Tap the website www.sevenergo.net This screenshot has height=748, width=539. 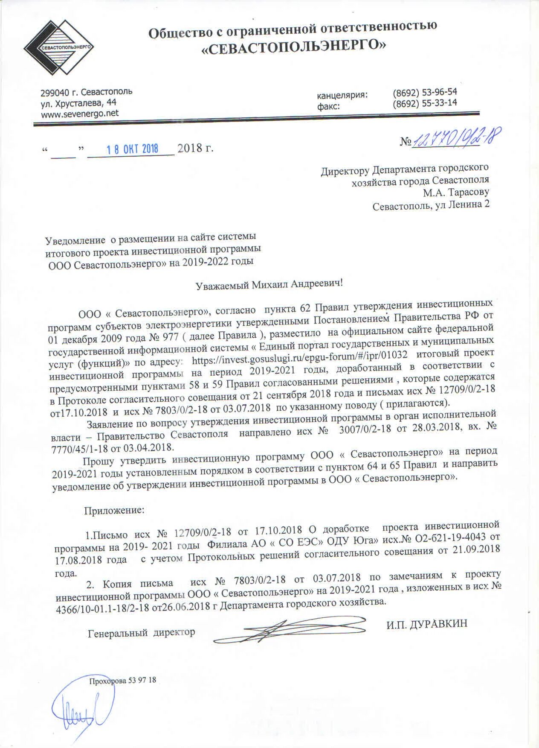(x=79, y=113)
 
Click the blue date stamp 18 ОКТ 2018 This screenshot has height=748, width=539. (x=132, y=149)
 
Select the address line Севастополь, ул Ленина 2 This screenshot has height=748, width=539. (x=431, y=205)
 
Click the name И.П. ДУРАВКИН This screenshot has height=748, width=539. (x=427, y=624)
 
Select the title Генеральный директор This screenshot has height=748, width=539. (x=141, y=632)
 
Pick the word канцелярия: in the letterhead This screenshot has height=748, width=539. (x=342, y=95)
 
